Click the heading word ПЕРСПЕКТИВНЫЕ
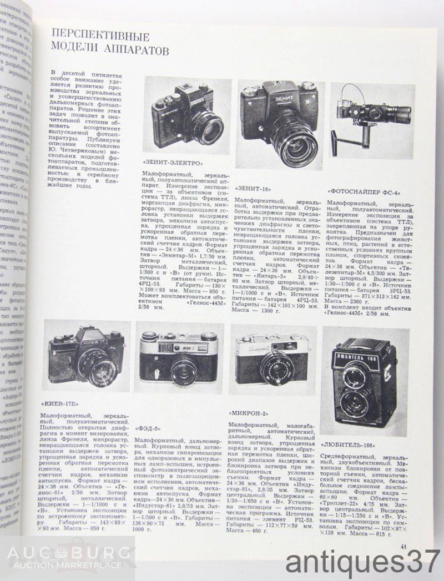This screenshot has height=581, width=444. [x=97, y=38]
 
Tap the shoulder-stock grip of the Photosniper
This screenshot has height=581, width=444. [x=339, y=130]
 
